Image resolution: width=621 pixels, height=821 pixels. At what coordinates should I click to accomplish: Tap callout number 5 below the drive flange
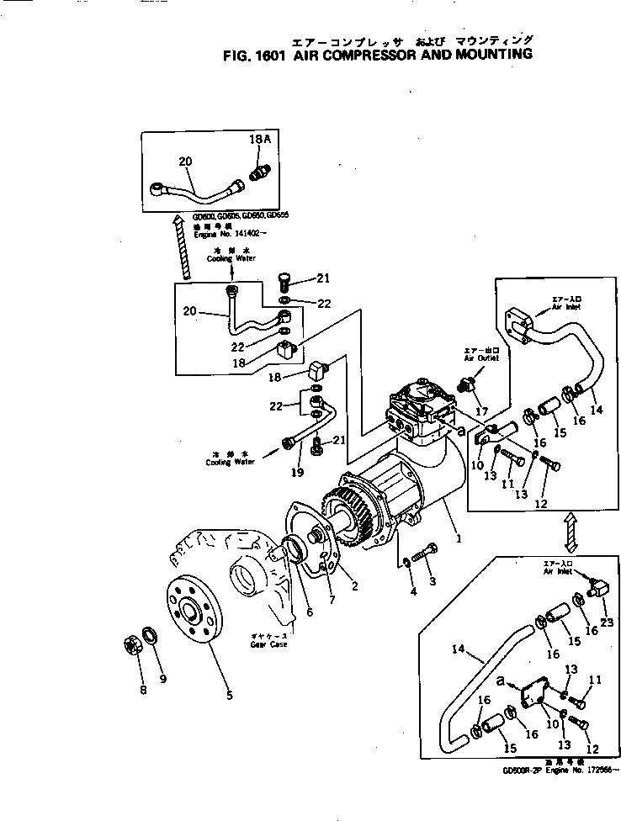[230, 696]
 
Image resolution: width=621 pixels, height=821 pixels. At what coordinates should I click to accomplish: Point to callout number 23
[605, 623]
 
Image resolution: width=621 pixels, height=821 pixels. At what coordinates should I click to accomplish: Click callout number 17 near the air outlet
[481, 412]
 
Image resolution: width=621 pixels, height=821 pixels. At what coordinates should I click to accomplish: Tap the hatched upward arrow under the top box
[182, 249]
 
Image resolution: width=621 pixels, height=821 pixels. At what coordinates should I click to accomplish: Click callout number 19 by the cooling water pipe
[297, 473]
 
